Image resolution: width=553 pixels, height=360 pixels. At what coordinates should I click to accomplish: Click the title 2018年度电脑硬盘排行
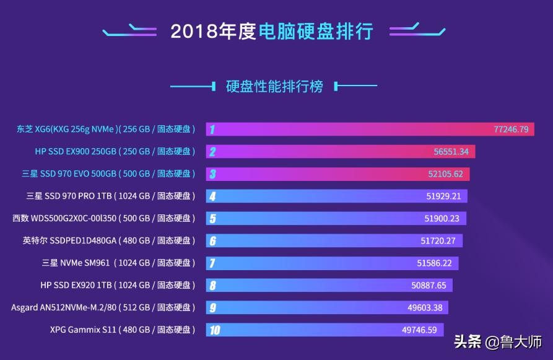coord(272,31)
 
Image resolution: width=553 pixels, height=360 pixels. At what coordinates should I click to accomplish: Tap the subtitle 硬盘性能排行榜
coord(274,86)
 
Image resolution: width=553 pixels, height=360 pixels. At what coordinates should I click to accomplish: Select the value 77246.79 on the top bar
coord(511,130)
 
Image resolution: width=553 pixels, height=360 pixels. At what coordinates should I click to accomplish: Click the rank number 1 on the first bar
coord(212,130)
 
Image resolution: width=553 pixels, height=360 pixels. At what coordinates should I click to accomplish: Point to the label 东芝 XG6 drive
coord(106,130)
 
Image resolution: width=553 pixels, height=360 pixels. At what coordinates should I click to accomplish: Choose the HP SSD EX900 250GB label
coord(115,151)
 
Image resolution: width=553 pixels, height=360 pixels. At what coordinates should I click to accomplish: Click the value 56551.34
coord(451,151)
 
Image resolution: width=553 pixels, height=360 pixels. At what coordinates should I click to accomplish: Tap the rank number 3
coord(212,174)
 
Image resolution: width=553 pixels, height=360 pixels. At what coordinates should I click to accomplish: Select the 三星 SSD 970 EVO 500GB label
coord(108,174)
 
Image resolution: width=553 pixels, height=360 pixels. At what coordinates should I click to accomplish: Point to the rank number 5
coord(212,219)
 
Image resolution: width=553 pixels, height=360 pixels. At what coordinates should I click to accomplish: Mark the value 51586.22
coord(434,263)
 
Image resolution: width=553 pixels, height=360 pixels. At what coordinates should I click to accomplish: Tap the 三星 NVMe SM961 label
coord(118,263)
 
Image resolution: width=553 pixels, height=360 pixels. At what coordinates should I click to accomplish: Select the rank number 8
coord(212,286)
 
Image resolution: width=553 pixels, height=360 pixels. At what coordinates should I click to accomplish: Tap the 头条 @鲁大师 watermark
coord(498,341)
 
